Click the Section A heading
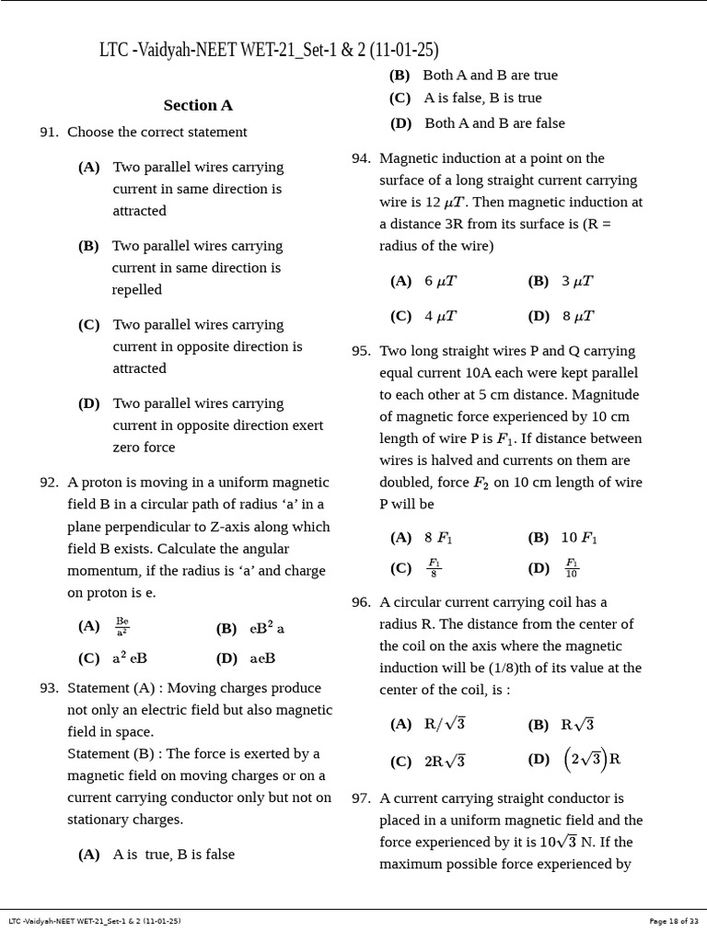point(197,105)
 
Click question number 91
point(49,133)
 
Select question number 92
point(49,483)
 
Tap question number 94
point(361,158)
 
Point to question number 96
point(361,602)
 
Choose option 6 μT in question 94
point(440,282)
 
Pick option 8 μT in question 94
point(578,317)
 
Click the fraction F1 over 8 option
point(434,568)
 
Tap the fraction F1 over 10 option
point(572,568)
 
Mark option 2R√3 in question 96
point(445,762)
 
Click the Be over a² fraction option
point(122,627)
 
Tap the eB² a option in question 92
point(267,628)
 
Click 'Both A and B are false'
point(494,123)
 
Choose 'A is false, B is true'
point(482,99)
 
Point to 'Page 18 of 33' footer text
point(674,921)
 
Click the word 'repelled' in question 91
point(137,290)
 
